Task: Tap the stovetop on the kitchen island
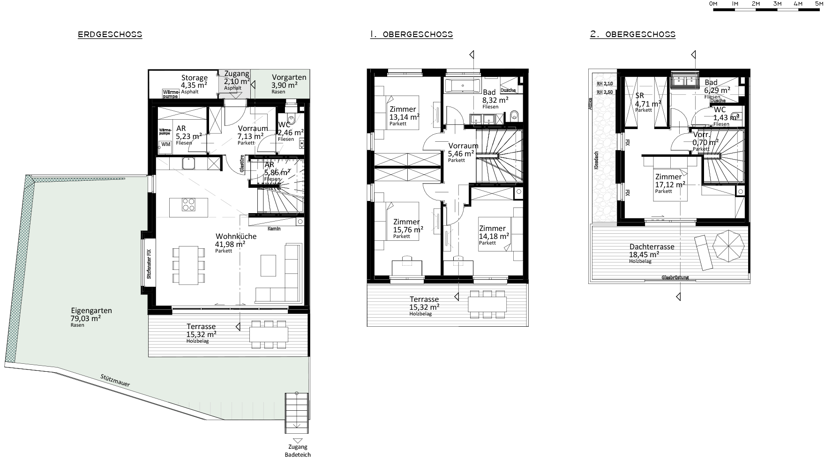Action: (188, 205)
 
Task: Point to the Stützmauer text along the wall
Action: (115, 380)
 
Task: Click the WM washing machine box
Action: (165, 144)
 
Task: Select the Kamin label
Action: (274, 229)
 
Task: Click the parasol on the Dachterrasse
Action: (728, 246)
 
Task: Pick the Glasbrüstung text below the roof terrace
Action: (675, 277)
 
